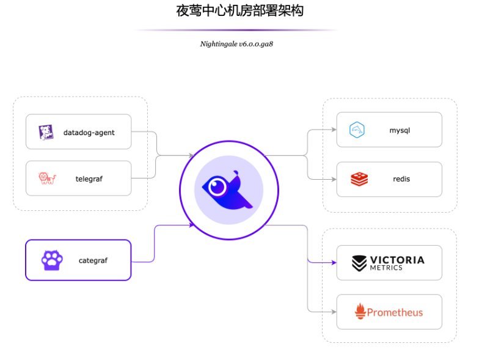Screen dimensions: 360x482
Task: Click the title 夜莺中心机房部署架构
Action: pos(240,11)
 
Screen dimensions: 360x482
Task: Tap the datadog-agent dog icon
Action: pos(46,132)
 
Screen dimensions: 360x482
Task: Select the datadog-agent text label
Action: pos(89,132)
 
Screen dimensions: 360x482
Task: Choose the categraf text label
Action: pos(93,260)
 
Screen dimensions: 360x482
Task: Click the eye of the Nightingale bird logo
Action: pos(216,186)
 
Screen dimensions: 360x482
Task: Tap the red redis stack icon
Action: pos(359,179)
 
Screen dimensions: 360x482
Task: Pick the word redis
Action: pos(401,179)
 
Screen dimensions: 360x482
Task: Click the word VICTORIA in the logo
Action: pos(397,260)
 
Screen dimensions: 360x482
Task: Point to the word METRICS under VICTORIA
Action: pos(386,268)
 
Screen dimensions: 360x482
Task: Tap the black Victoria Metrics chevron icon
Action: pos(359,263)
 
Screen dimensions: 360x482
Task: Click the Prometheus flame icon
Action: pos(360,312)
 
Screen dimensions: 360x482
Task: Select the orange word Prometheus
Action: pos(395,312)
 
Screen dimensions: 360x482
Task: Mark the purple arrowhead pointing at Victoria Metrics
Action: pos(333,262)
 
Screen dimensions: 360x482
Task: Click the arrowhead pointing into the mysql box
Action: pos(333,130)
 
